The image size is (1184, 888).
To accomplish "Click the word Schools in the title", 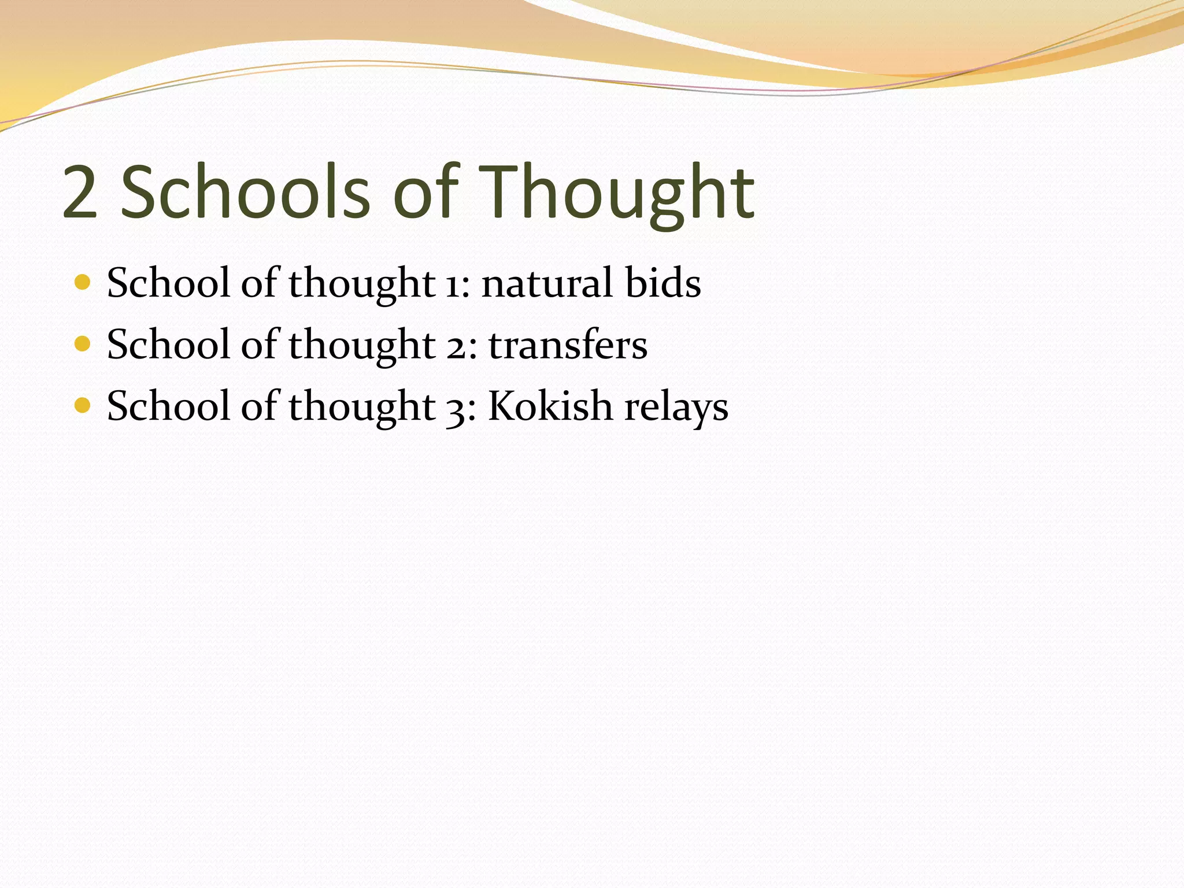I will tap(245, 193).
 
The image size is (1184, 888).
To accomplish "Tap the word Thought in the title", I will tap(617, 193).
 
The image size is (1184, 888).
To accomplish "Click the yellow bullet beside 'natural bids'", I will tap(83, 283).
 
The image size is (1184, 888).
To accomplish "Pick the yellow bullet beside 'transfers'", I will tap(83, 344).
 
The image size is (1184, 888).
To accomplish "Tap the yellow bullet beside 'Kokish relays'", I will tap(83, 405).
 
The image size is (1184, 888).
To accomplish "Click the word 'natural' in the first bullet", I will tap(547, 284).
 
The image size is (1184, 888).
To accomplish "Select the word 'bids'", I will tap(663, 283).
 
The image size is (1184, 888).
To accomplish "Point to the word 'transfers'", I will tap(568, 345).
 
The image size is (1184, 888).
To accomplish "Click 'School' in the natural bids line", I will tap(168, 283).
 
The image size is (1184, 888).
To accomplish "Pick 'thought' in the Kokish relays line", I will tap(362, 408).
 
